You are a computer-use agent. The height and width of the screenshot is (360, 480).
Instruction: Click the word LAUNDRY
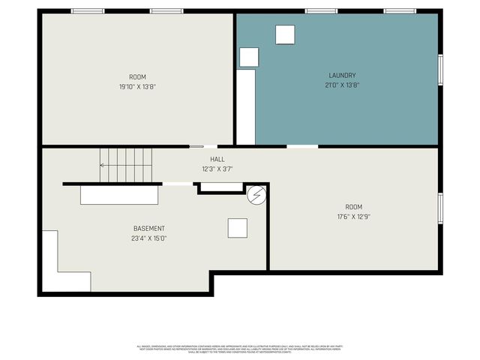point(342,75)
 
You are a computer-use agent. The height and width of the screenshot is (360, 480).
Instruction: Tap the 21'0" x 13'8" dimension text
point(342,85)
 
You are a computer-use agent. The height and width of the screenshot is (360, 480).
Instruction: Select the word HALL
point(217,159)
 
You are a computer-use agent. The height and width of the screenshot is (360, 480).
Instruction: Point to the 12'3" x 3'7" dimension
point(217,169)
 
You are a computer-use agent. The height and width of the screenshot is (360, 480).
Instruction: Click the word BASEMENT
point(149,229)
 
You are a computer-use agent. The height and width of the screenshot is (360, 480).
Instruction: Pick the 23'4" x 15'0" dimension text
point(149,238)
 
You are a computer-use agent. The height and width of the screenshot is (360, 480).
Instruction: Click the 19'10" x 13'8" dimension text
point(137,86)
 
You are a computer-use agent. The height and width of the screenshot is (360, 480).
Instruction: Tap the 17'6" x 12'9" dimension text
point(353,217)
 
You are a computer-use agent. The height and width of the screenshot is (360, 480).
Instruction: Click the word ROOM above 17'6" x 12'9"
point(353,207)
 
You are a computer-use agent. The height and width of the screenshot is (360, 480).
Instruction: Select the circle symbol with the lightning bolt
point(256,195)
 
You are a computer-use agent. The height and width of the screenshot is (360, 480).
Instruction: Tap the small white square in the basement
point(238,227)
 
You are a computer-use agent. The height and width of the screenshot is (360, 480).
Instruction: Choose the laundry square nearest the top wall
point(285,35)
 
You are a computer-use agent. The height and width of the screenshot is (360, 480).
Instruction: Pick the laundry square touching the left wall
point(249,57)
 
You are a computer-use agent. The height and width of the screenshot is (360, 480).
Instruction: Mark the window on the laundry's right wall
point(440,69)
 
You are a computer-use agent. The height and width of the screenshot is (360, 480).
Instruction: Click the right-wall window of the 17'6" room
point(440,208)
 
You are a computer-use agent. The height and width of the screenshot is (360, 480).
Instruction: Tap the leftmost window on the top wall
point(88,11)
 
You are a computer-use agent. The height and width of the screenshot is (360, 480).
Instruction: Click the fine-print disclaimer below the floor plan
point(239,348)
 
